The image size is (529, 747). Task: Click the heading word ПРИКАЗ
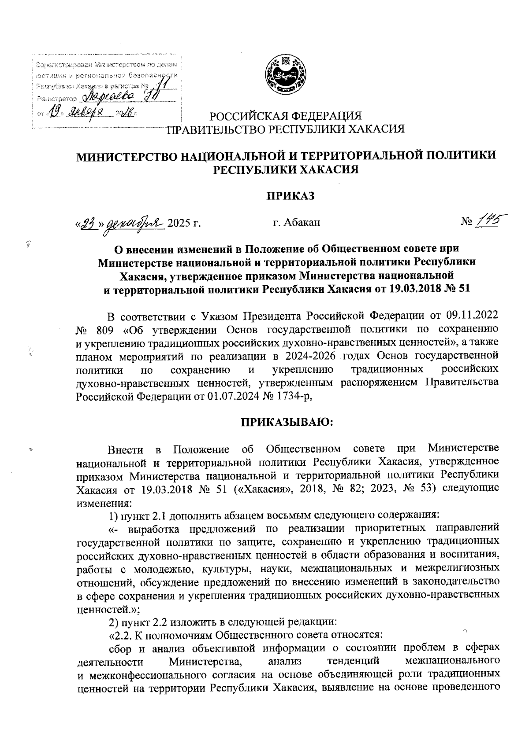click(289, 196)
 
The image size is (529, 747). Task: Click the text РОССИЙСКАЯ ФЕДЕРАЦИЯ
click(285, 117)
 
